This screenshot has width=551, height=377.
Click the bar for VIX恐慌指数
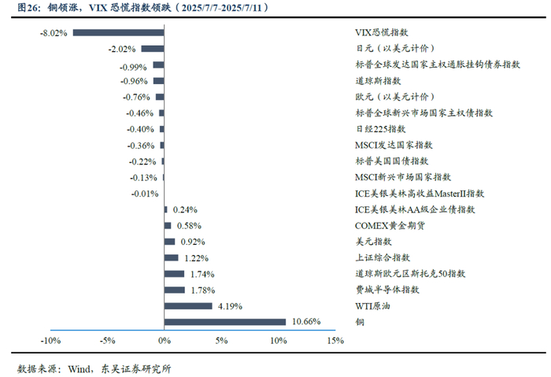click(x=118, y=33)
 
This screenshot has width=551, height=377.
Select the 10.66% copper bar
click(x=225, y=322)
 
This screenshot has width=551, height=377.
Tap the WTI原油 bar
click(x=188, y=306)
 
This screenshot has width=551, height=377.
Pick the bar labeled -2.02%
click(x=153, y=49)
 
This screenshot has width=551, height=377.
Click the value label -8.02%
click(x=54, y=33)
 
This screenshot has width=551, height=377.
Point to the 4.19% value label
click(x=230, y=306)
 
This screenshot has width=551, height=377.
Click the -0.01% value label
click(x=145, y=194)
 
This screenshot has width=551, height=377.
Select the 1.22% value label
click(x=197, y=258)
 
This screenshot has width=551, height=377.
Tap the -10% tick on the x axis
click(x=50, y=341)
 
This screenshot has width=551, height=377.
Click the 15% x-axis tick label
click(x=335, y=341)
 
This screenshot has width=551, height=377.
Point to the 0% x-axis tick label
click(x=165, y=341)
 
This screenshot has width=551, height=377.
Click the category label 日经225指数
click(x=380, y=129)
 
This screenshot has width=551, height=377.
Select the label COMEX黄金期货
click(x=390, y=226)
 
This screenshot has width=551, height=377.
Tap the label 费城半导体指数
click(x=387, y=290)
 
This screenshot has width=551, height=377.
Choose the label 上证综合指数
click(x=383, y=257)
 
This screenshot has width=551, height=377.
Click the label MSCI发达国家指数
click(x=394, y=145)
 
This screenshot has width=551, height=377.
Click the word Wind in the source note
click(x=80, y=368)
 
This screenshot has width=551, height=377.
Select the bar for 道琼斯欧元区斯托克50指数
click(x=174, y=274)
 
